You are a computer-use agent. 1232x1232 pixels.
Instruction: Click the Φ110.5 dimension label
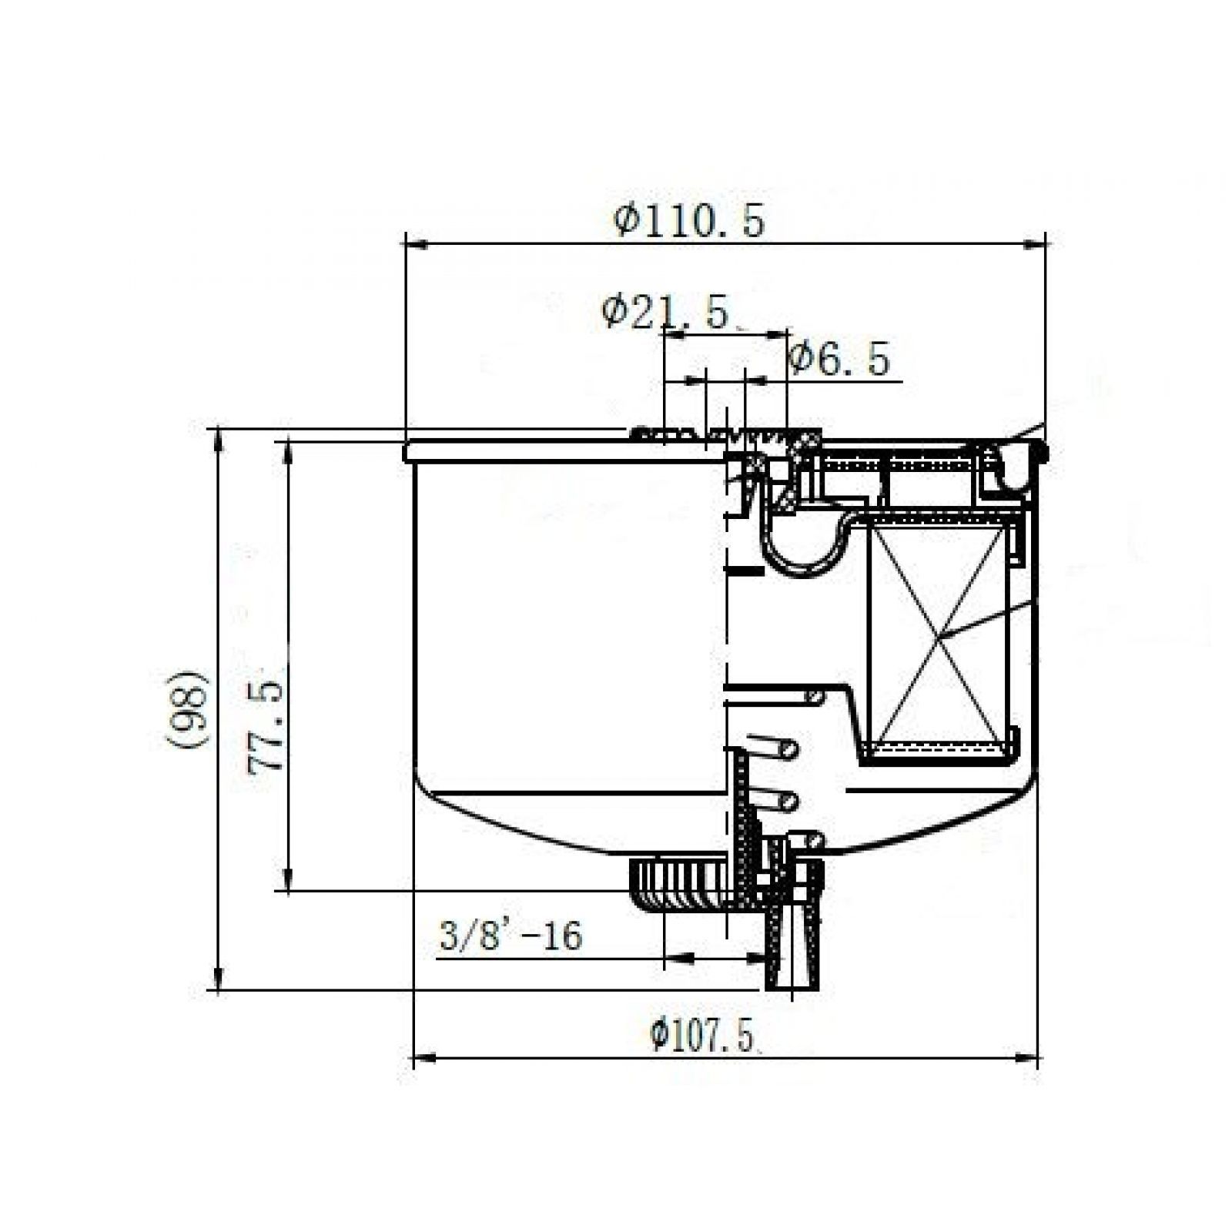[x=689, y=222]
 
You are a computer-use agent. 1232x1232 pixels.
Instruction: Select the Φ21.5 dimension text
[x=665, y=313]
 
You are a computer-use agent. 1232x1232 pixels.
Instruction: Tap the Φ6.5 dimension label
[x=839, y=359]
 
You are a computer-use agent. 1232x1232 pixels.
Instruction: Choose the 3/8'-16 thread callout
[x=511, y=936]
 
